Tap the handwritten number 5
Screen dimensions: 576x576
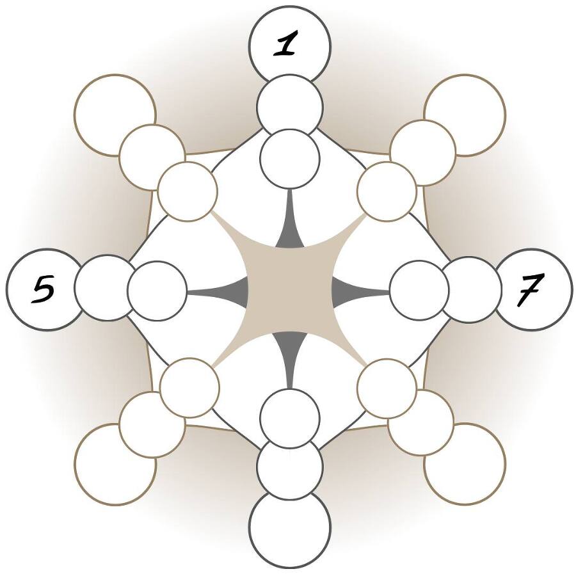[44, 290]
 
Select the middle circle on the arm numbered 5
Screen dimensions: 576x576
[106, 288]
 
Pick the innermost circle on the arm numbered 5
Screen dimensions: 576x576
[157, 290]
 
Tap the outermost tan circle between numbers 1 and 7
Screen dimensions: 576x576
[465, 115]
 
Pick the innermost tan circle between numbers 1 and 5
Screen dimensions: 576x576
[188, 191]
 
